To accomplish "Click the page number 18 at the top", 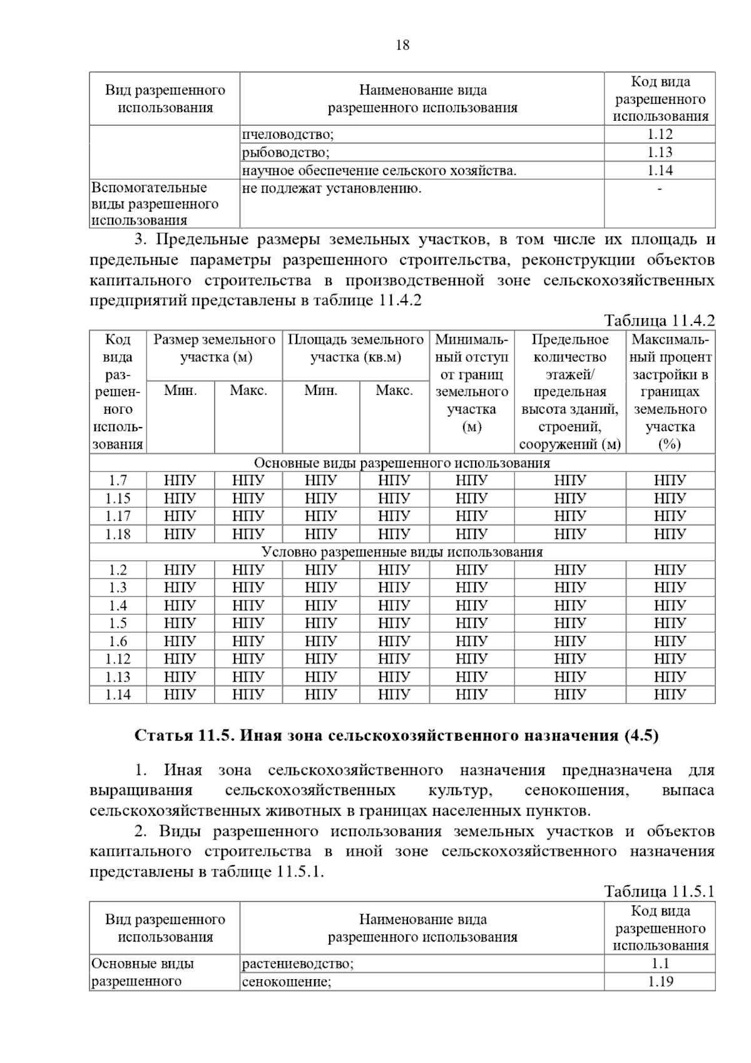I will [x=402, y=45].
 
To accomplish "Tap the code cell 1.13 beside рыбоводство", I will [x=660, y=152].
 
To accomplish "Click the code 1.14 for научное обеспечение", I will [x=660, y=170].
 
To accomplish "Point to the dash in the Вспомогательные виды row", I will [x=660, y=188].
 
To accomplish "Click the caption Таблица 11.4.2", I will [x=659, y=321].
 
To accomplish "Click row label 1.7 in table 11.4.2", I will [x=118, y=480].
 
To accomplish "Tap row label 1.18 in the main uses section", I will [x=118, y=534].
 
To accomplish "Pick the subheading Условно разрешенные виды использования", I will [x=402, y=552].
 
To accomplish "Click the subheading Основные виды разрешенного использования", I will [x=402, y=463].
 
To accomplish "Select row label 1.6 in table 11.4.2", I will [x=118, y=641].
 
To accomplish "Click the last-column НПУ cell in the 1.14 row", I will [x=670, y=694].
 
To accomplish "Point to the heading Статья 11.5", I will [x=397, y=736].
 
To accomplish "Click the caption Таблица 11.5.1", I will [x=659, y=891].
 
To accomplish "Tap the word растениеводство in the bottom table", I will [x=297, y=963].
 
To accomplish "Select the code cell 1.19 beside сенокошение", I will [x=660, y=982].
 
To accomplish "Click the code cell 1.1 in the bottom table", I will [x=660, y=963].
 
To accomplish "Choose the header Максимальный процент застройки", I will [x=670, y=392].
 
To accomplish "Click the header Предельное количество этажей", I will [x=570, y=392].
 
